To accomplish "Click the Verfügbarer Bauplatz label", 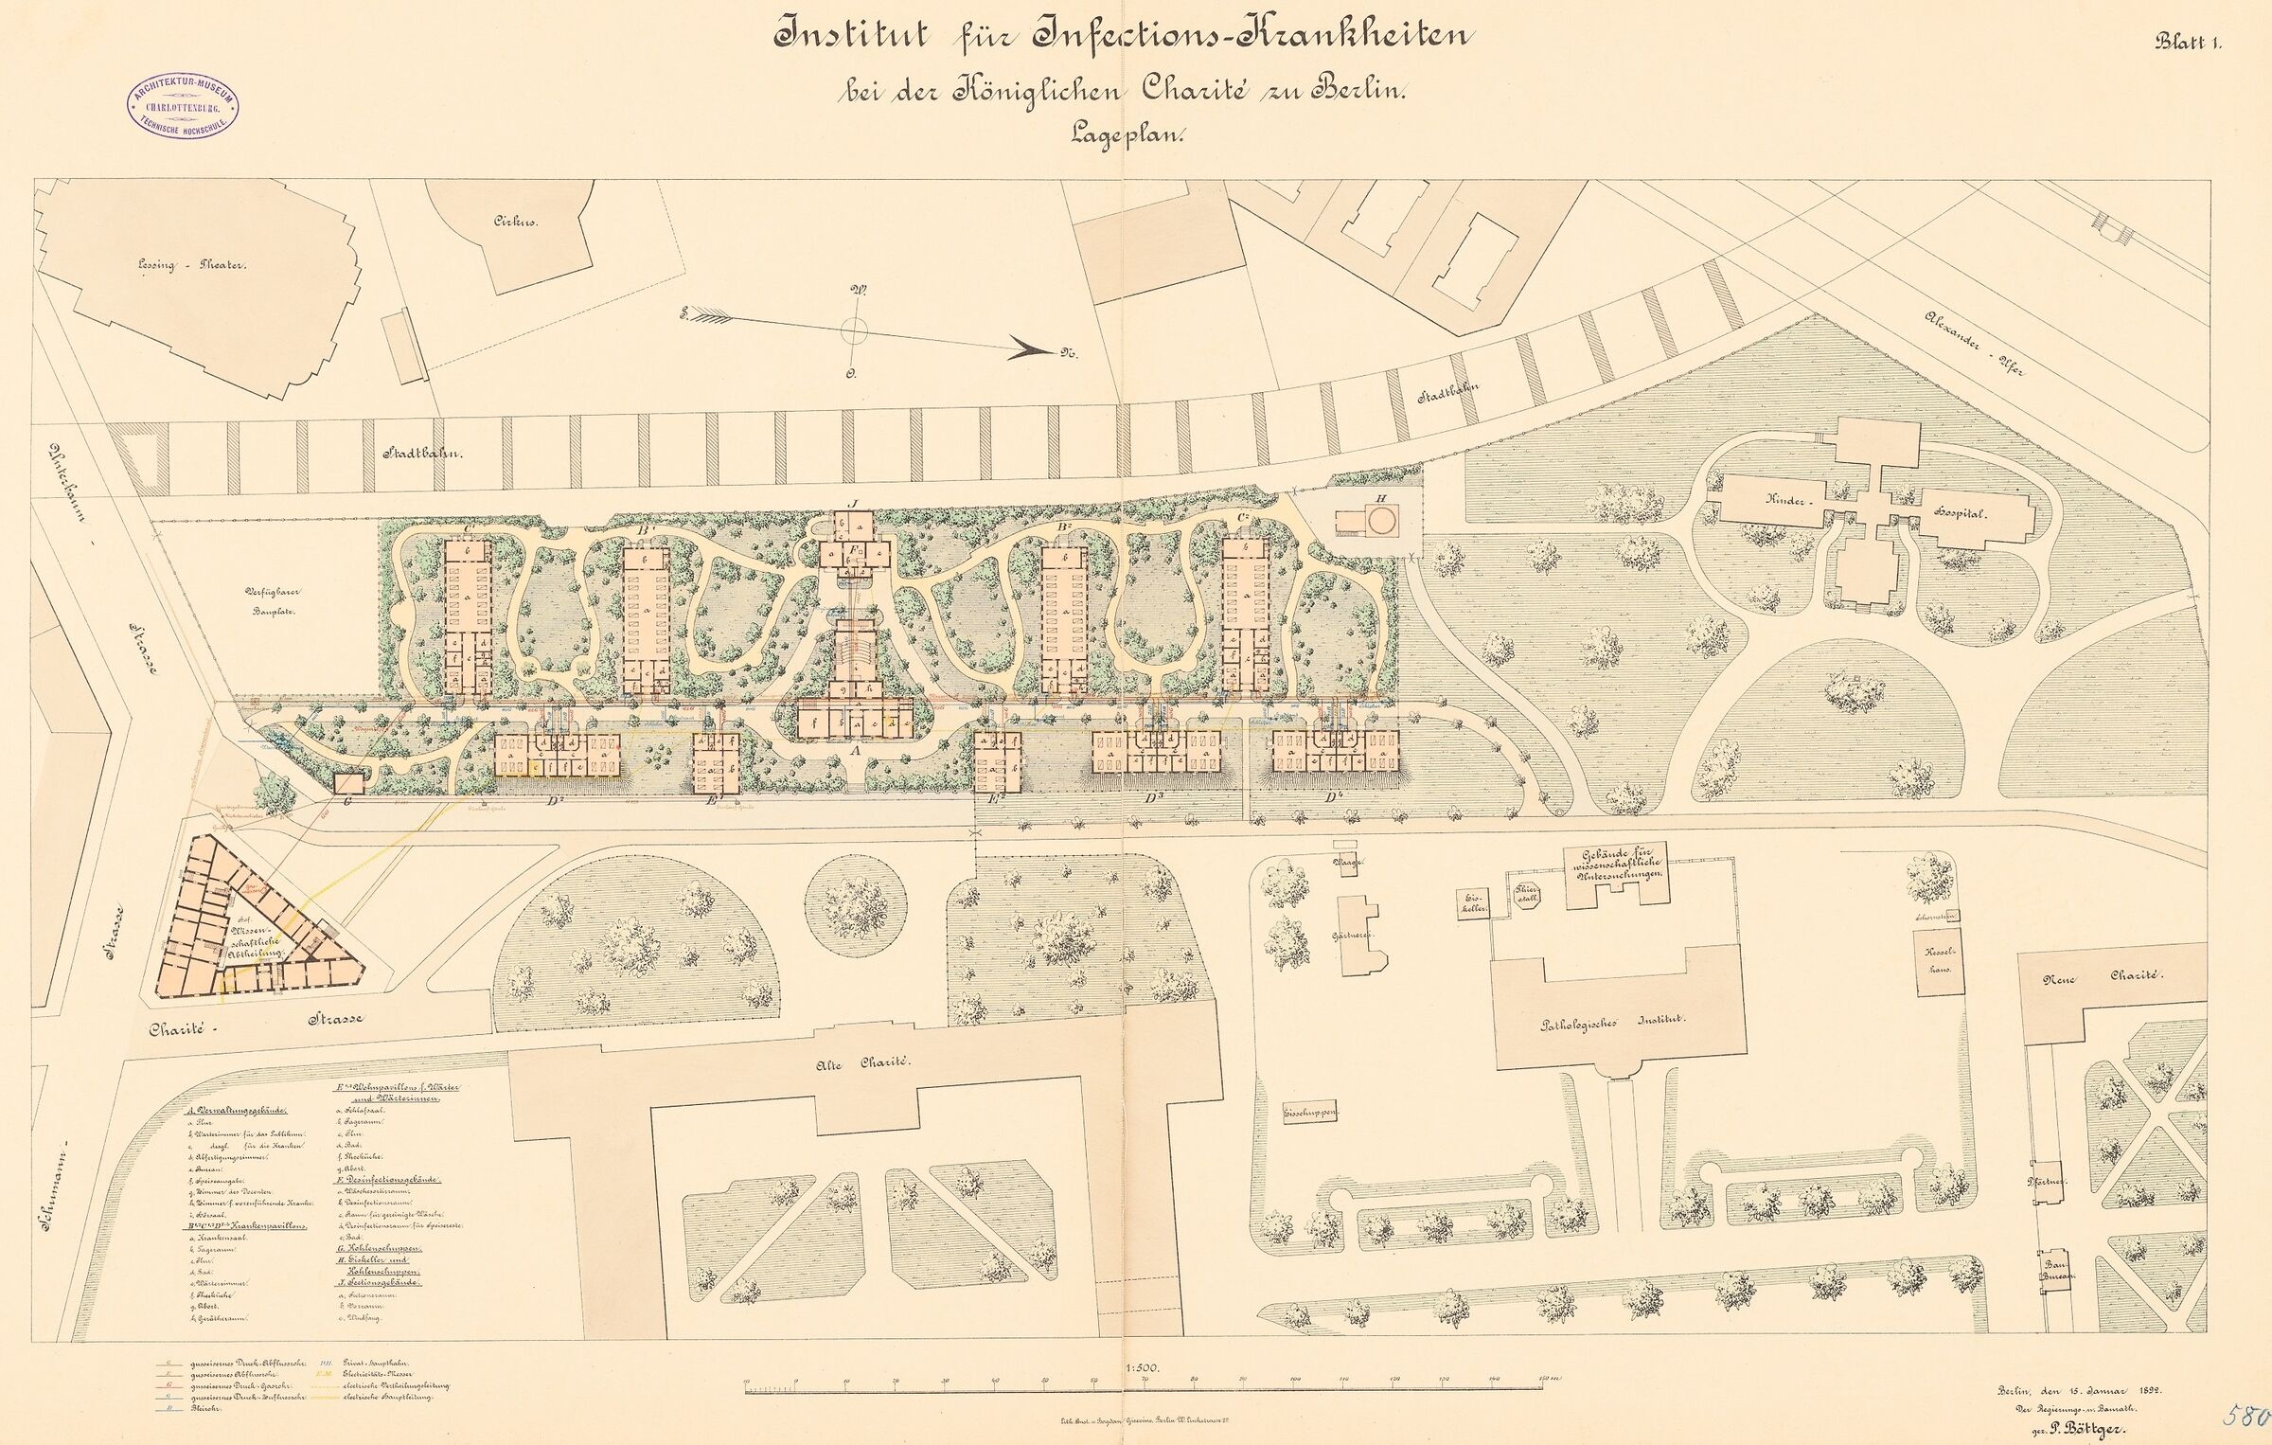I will [272, 603].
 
